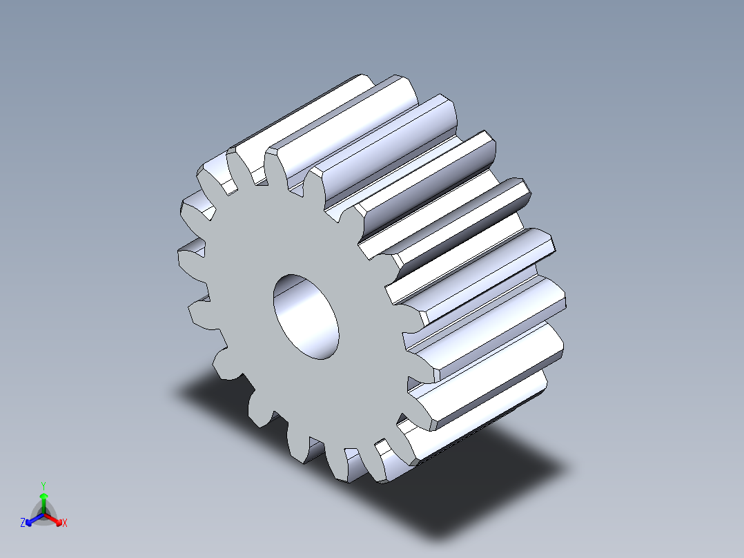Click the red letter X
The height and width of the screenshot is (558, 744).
point(64,523)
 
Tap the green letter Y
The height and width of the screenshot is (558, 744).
point(43,485)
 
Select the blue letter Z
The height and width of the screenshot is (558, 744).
point(23,523)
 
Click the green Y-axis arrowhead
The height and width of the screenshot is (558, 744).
point(43,497)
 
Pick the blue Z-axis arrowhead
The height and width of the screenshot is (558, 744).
point(30,520)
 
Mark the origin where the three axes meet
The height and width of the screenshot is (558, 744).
point(43,514)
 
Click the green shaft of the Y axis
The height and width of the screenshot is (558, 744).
point(43,505)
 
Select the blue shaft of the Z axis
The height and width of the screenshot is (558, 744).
point(36,517)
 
